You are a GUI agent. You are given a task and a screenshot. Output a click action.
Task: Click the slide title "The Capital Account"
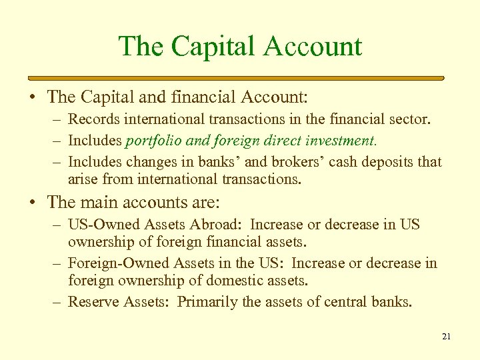click(240, 47)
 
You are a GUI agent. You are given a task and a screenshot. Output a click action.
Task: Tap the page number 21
click(446, 337)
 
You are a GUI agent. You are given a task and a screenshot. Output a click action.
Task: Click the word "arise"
click(82, 179)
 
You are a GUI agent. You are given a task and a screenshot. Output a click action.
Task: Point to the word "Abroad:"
click(219, 225)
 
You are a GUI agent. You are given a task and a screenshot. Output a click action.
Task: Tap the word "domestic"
click(236, 280)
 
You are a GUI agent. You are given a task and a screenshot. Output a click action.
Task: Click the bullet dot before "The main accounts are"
click(33, 203)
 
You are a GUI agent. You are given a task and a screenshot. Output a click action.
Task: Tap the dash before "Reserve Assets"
click(59, 302)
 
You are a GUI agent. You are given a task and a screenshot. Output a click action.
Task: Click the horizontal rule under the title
click(240, 78)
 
